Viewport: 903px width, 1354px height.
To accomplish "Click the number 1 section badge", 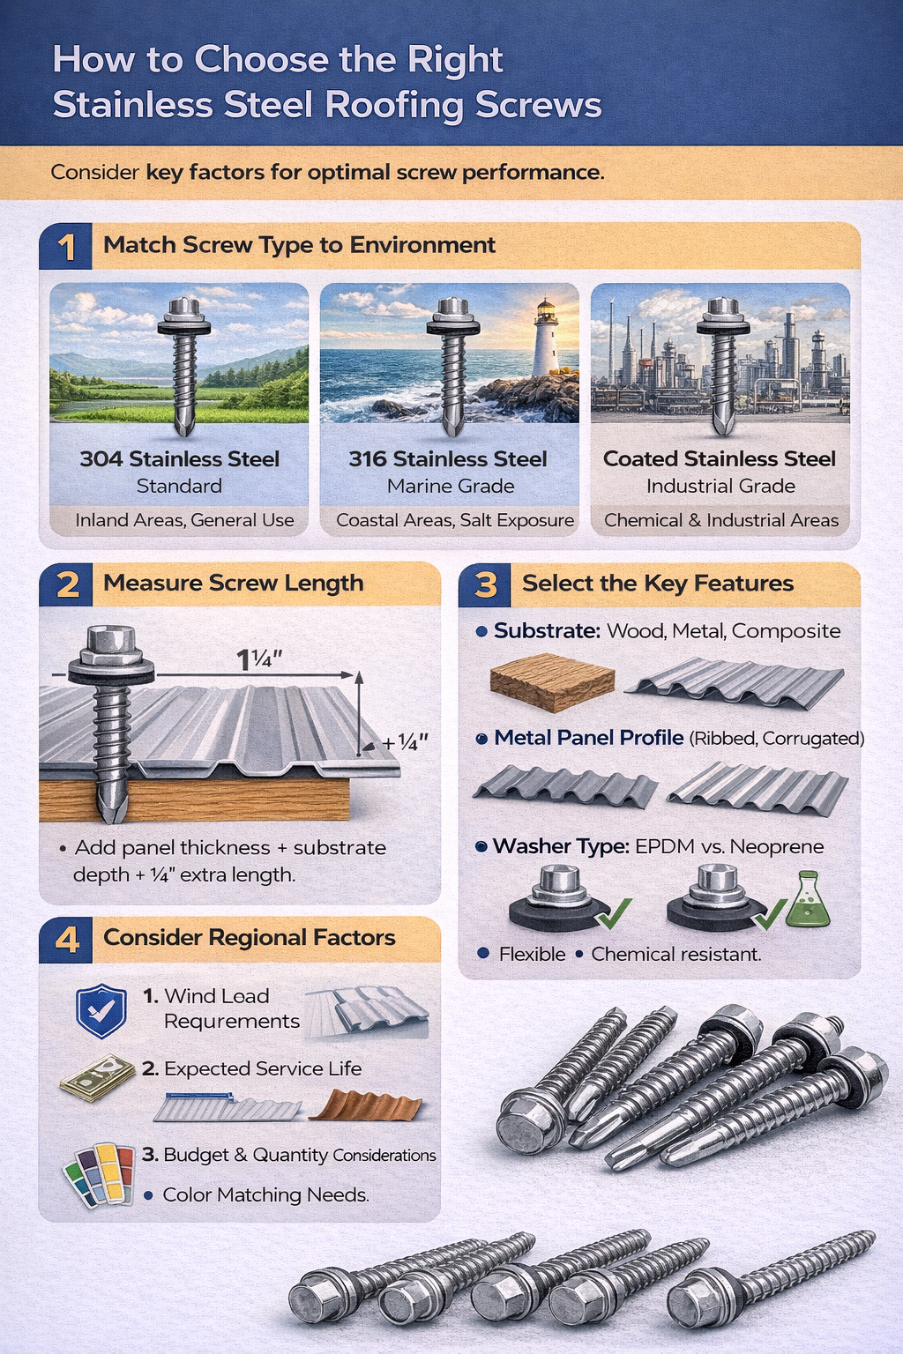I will [66, 246].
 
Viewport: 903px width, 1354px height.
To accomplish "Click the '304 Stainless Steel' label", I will [179, 459].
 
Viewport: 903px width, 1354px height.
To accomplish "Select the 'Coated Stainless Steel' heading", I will [720, 459].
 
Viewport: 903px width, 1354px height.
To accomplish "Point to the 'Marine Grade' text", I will [450, 487].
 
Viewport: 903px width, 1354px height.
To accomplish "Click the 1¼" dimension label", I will [258, 659].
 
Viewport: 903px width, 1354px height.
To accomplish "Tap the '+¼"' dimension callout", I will [405, 743].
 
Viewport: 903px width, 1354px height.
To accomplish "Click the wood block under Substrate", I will [552, 681].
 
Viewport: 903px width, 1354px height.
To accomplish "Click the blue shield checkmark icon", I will [101, 1010].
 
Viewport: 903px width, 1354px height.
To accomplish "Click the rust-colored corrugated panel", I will [366, 1105].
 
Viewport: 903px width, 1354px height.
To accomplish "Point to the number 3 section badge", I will [485, 584].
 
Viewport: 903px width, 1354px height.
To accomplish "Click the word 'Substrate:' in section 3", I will [547, 631].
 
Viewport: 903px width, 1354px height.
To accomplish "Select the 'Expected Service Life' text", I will [263, 1069].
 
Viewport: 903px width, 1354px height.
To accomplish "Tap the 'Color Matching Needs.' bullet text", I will [265, 1195].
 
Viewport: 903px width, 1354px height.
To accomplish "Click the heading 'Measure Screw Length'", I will [233, 584].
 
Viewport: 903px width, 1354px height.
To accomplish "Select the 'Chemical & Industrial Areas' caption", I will [720, 521].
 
